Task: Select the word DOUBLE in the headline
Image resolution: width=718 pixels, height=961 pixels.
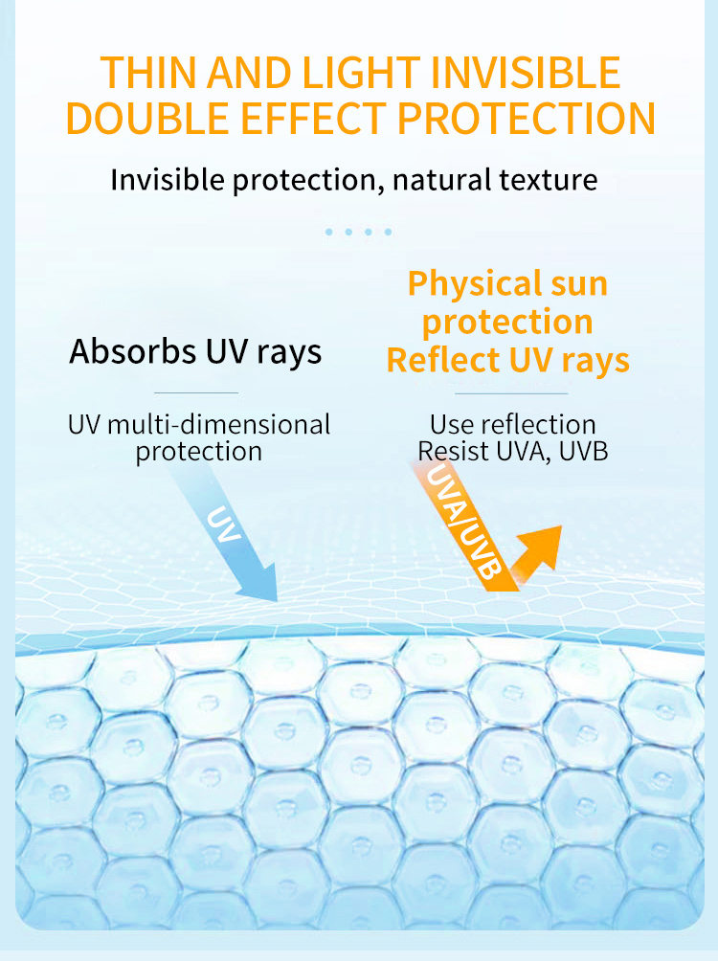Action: point(147,119)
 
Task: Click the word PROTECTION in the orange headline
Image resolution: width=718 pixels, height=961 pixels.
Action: point(527,119)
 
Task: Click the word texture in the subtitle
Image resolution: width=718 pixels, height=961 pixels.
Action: point(549,180)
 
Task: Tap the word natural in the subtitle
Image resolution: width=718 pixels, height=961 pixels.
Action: point(441,180)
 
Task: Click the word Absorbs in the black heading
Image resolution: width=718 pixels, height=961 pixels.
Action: point(133,352)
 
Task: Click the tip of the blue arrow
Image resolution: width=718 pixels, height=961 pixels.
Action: point(277,601)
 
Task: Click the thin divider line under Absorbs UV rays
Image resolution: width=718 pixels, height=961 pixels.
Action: point(196,392)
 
